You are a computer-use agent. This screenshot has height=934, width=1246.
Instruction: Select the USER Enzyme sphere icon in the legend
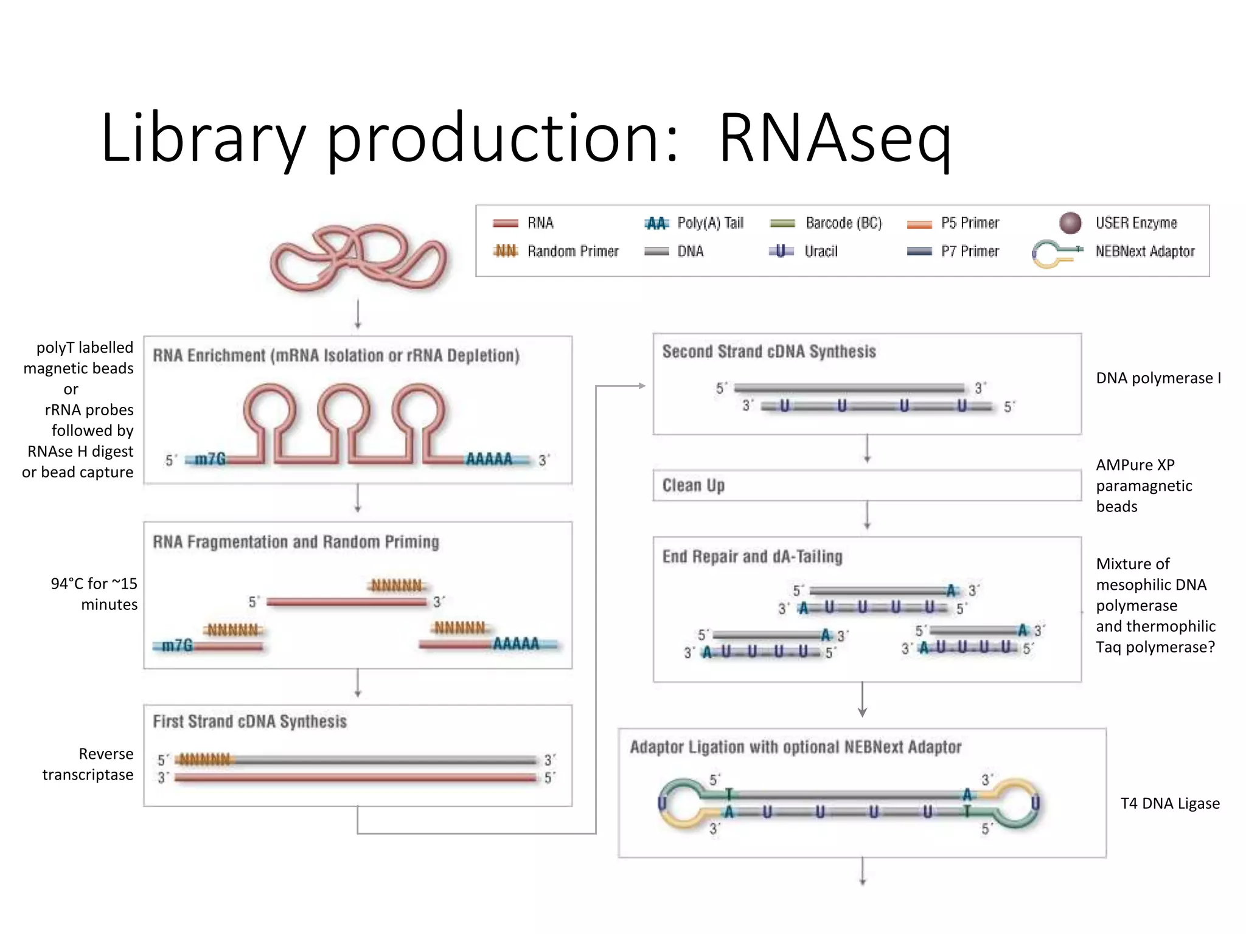[1070, 223]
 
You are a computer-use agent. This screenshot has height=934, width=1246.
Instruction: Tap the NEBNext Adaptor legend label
[1144, 251]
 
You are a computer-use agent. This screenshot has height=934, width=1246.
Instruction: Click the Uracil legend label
[820, 251]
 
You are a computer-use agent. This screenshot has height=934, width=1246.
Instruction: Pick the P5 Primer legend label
[970, 223]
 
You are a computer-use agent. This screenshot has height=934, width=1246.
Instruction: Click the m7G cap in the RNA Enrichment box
[209, 459]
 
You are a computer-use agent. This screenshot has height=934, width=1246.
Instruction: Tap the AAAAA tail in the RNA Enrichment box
[489, 459]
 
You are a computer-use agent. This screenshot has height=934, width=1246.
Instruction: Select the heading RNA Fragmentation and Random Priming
[296, 542]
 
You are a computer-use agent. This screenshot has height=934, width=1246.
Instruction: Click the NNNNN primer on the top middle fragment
[397, 586]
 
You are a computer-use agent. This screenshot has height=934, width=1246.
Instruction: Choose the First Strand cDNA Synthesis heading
[249, 722]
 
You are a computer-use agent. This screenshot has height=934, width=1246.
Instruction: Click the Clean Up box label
[693, 485]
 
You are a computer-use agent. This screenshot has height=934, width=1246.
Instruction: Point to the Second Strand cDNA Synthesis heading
[768, 351]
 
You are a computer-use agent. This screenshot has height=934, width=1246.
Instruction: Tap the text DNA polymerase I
[1158, 378]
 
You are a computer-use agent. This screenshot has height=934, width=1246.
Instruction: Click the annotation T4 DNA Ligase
[1169, 803]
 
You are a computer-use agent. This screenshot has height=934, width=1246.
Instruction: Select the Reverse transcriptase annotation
[88, 764]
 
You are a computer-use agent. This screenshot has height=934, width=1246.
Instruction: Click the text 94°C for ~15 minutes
[94, 594]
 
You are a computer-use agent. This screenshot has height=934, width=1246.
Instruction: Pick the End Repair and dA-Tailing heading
[752, 556]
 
